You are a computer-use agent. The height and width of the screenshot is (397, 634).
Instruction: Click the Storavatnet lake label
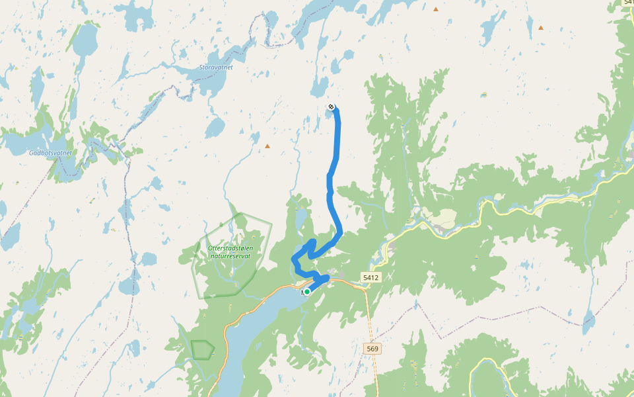215,67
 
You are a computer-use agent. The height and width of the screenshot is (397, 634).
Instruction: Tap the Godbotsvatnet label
50,153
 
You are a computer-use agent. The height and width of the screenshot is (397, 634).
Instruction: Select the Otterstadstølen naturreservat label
230,251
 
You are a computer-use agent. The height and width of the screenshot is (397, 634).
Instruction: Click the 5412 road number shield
370,277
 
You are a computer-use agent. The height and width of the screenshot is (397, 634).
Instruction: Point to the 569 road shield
372,348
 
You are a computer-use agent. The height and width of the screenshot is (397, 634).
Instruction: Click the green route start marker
307,291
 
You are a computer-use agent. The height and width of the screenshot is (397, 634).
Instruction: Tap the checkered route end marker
331,107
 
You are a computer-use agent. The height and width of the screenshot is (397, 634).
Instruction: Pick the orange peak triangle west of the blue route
267,146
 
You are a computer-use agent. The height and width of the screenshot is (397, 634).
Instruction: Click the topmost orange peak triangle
436,9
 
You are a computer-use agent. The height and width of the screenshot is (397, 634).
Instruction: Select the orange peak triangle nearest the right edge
541,28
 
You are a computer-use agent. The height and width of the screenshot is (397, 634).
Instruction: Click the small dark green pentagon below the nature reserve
202,349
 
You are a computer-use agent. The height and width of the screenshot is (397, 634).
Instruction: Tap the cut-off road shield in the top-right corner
628,3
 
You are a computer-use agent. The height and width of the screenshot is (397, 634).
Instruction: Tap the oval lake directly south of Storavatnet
215,127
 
